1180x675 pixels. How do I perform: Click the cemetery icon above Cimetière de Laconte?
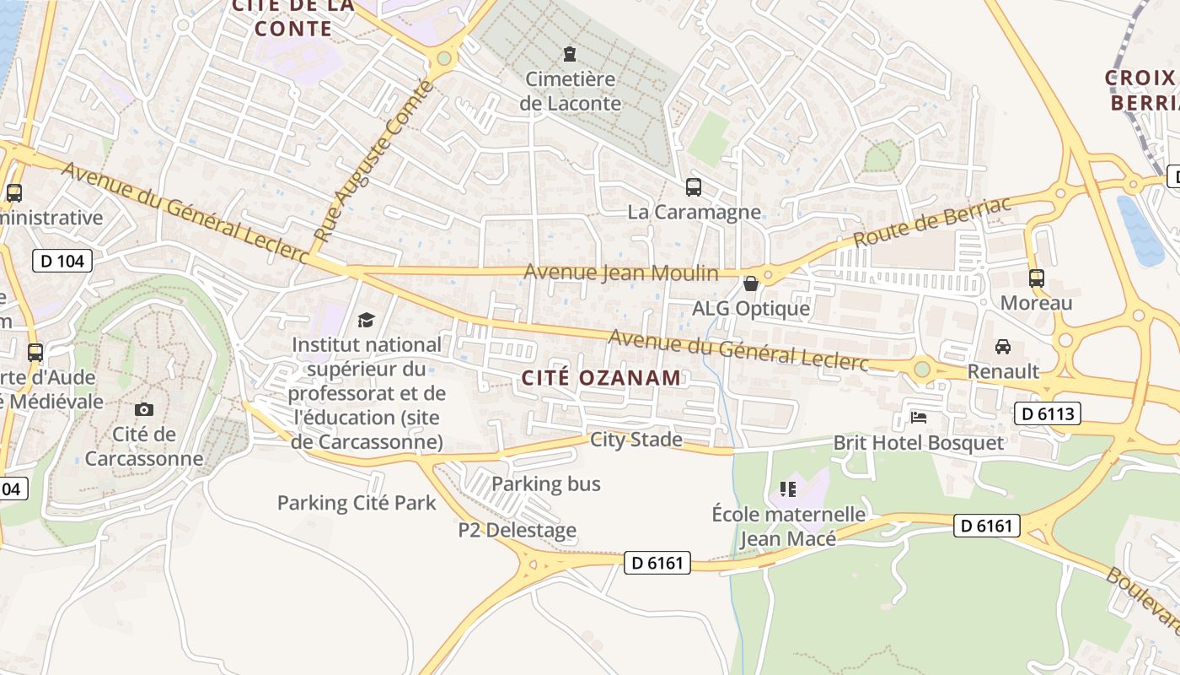click(570, 55)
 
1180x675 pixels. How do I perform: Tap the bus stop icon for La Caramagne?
click(694, 186)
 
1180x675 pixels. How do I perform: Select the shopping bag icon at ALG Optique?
click(750, 283)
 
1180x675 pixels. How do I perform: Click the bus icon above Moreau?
click(1036, 278)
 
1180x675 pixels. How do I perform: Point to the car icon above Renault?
click(1003, 346)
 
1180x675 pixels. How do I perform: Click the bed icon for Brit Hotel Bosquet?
click(919, 417)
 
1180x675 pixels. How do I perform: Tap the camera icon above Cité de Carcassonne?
click(144, 409)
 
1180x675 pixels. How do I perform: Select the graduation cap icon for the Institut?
click(366, 320)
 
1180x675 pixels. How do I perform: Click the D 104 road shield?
click(62, 261)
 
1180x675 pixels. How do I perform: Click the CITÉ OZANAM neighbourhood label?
click(600, 378)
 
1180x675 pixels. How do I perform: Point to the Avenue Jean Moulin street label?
click(620, 273)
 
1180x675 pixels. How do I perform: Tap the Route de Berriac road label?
click(931, 222)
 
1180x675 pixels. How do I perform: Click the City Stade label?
click(636, 439)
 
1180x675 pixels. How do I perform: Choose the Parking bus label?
click(545, 483)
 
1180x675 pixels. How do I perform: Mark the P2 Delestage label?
click(518, 530)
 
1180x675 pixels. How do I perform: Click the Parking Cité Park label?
click(357, 503)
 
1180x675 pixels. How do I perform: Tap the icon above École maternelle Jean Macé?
click(788, 489)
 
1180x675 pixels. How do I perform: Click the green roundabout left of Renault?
click(922, 369)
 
